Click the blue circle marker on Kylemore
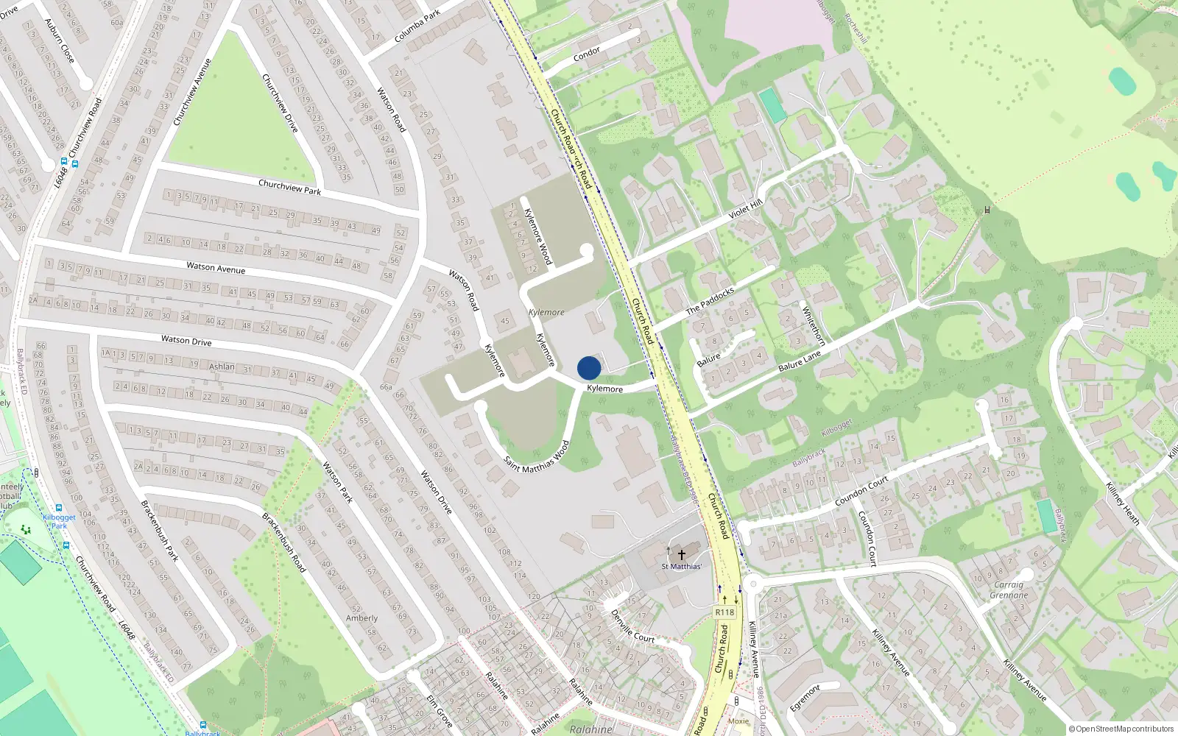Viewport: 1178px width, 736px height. coord(589,368)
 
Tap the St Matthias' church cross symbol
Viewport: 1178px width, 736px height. coord(682,555)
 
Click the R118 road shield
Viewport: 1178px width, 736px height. coord(724,612)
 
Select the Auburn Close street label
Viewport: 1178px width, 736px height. coord(60,40)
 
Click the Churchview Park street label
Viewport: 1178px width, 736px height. coord(290,187)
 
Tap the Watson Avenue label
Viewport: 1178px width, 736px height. coord(216,267)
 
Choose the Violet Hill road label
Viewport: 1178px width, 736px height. coord(745,210)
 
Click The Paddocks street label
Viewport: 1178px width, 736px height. coord(710,300)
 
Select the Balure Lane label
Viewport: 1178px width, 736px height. coord(800,361)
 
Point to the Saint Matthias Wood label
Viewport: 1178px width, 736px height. coord(537,457)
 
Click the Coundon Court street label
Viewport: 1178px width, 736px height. coord(861,491)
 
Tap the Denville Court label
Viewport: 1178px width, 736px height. coord(632,626)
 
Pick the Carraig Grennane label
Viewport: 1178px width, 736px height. coord(1009,590)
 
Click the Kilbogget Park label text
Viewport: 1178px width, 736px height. coord(59,521)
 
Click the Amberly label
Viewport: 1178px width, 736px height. coord(361,618)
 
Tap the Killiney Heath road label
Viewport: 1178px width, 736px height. coord(1123,503)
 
